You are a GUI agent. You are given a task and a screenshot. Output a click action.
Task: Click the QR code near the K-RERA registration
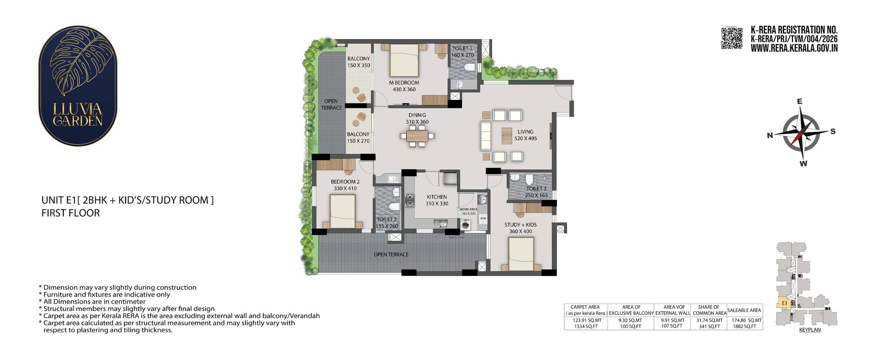732,39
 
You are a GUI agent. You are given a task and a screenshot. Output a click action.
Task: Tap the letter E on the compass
800,101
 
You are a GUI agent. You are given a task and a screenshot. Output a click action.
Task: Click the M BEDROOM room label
404,83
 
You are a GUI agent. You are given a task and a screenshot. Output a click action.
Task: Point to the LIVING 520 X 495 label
525,135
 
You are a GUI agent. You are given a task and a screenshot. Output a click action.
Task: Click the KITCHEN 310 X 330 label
437,200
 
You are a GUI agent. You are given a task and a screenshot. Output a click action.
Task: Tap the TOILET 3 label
536,189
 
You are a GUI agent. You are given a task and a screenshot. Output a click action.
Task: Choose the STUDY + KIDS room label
521,225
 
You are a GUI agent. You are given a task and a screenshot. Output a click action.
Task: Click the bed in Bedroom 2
343,211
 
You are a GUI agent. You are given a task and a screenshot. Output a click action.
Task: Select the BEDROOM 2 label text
345,182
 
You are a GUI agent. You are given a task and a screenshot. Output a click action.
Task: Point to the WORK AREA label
468,210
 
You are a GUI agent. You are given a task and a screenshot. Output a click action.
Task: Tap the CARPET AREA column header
585,307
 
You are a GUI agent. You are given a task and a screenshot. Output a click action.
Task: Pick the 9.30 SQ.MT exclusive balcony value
631,320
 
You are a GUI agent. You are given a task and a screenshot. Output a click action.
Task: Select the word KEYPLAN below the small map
810,330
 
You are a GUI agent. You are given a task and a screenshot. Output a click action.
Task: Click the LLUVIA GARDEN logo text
78,115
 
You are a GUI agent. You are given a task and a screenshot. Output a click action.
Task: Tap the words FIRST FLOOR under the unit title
71,213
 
